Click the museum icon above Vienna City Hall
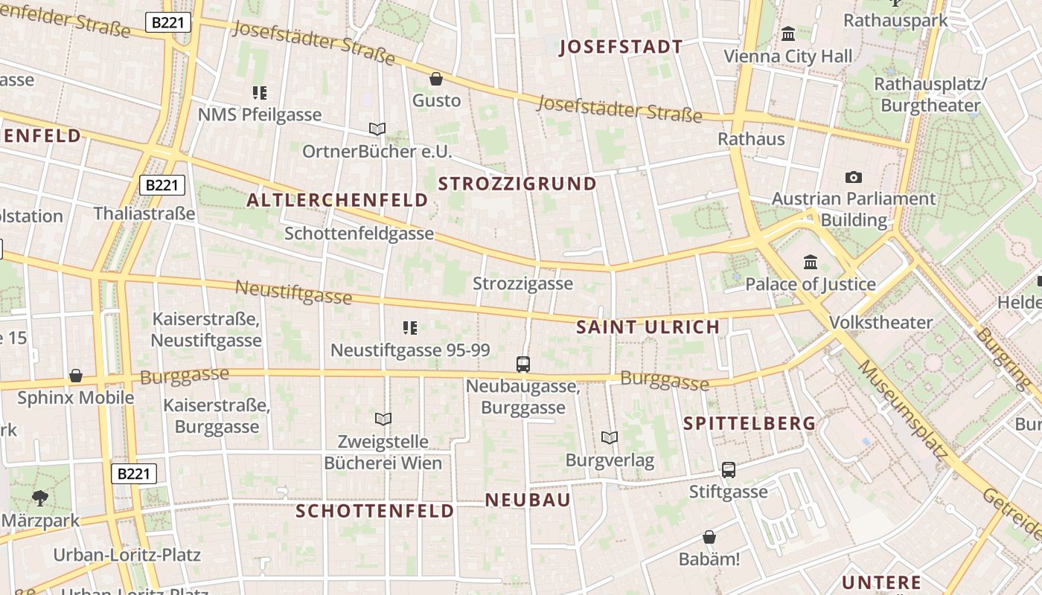[788, 33]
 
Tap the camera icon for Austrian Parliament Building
[854, 177]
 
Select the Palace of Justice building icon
[811, 262]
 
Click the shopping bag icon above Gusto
[436, 78]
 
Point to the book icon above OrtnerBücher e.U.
[377, 129]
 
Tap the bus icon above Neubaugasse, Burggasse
[523, 364]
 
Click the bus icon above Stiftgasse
[729, 469]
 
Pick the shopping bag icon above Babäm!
[709, 536]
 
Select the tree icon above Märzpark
[39, 498]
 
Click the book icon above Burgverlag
[610, 437]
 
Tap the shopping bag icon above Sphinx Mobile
[75, 376]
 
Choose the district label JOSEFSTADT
[621, 48]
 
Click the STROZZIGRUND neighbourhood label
[517, 184]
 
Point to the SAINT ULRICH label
[648, 327]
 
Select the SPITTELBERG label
[749, 423]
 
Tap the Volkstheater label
[880, 322]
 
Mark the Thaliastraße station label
[144, 213]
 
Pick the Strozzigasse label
[523, 283]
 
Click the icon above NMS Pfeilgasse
[260, 93]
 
